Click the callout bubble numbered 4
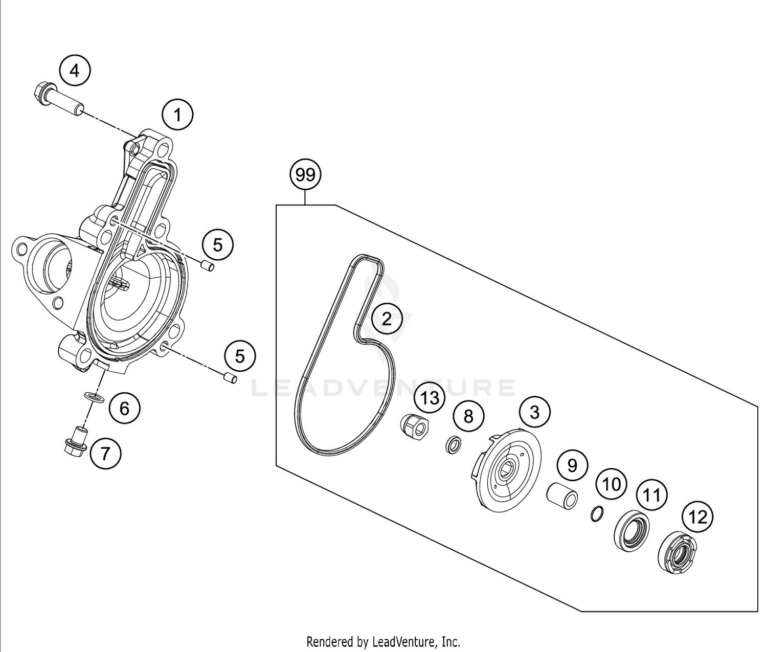(75, 71)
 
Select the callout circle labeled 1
(177, 115)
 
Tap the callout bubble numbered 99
(305, 175)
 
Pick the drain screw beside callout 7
(76, 440)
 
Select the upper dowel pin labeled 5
(207, 266)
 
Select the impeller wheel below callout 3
(505, 469)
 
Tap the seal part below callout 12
(675, 553)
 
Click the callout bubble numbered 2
(387, 319)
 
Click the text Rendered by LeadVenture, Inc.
(383, 641)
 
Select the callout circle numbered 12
(698, 518)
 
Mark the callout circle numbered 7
(105, 453)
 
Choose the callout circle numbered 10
(611, 484)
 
